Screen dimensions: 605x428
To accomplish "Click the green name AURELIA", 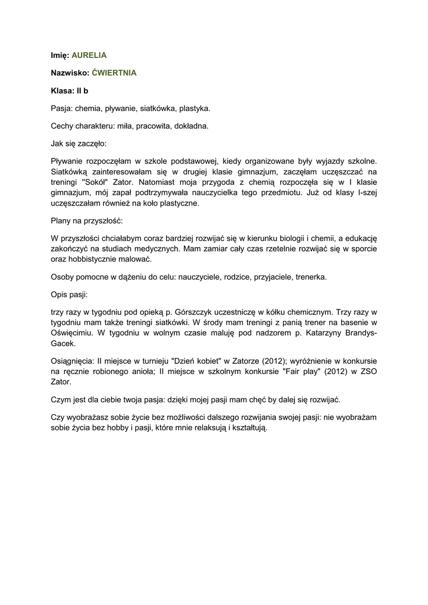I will [89, 55].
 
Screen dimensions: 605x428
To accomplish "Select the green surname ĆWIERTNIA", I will [115, 73].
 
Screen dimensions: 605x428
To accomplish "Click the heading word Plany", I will [60, 221].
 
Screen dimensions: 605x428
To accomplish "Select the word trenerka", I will [310, 277].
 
